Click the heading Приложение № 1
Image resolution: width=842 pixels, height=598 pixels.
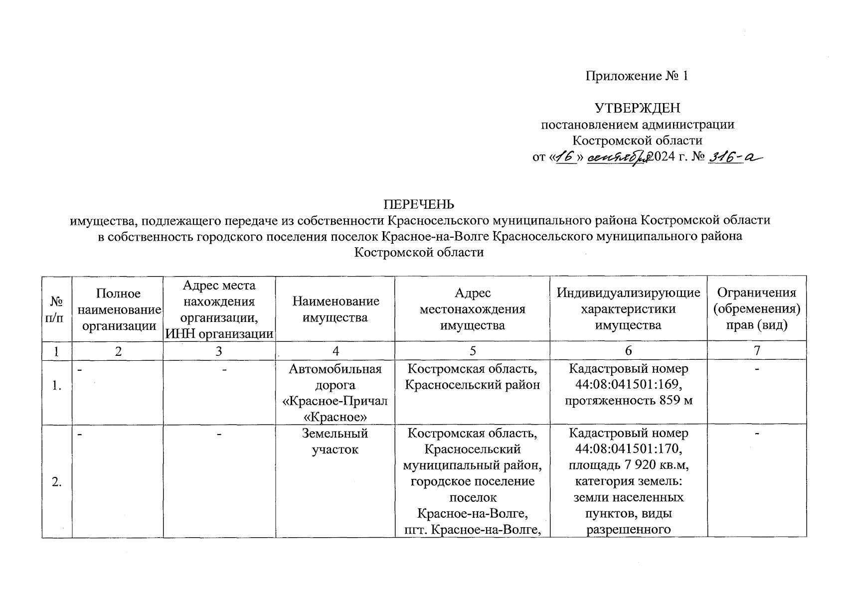coord(637,76)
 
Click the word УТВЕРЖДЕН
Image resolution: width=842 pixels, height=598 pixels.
coord(638,108)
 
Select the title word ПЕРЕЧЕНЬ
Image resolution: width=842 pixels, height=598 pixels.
coord(419,204)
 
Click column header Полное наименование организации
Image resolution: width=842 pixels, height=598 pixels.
coord(118,309)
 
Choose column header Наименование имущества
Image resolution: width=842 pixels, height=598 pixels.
coord(335,309)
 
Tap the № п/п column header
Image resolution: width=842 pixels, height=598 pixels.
coord(57,309)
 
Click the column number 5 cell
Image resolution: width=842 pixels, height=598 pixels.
coord(472,351)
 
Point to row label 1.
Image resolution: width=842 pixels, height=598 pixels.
coord(57,385)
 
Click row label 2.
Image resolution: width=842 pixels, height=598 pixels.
coord(57,481)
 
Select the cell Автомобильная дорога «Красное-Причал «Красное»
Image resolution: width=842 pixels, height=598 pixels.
coord(335,393)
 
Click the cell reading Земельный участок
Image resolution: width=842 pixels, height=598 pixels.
coord(335,441)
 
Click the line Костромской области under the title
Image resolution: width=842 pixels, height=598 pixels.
coord(419,252)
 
